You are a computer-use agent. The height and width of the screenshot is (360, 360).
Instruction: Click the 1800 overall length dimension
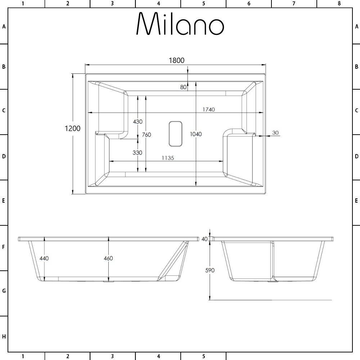176,60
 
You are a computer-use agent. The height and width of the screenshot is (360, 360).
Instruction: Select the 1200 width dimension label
72,129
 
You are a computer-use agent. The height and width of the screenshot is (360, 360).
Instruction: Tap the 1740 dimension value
208,109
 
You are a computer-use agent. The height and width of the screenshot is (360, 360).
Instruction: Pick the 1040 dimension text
196,134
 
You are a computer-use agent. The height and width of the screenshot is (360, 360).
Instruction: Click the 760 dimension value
147,135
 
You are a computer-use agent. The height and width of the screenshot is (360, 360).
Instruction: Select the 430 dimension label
138,122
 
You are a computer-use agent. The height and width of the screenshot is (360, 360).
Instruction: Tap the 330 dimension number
137,153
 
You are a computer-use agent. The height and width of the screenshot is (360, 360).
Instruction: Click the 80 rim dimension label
183,87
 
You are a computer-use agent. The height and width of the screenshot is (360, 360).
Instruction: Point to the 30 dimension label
275,133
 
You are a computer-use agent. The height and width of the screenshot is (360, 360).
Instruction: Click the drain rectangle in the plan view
175,134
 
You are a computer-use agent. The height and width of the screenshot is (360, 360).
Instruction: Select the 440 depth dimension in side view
44,258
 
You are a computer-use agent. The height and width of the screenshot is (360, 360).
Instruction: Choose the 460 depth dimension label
108,258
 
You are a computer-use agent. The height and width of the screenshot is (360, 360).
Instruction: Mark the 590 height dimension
210,270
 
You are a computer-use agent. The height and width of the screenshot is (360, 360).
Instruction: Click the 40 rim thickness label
205,239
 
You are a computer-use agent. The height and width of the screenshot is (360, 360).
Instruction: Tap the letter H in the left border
4,337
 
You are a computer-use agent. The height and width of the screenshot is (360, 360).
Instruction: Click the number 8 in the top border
339,4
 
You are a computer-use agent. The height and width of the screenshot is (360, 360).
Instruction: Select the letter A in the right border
356,26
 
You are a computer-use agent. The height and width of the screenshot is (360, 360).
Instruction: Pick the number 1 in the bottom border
23,356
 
